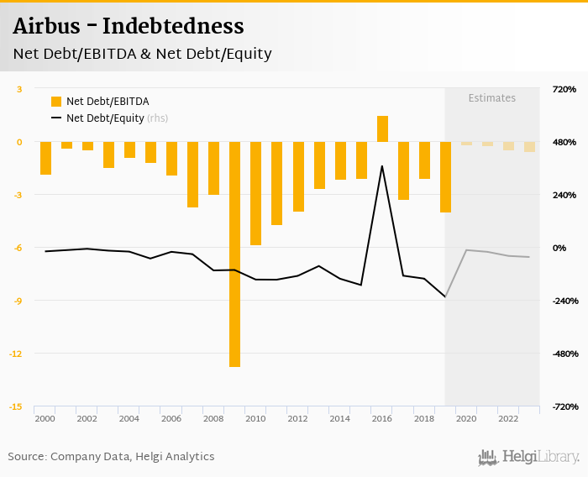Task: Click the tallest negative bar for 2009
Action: click(x=234, y=254)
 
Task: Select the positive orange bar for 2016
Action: click(x=382, y=128)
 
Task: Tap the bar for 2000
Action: click(x=45, y=158)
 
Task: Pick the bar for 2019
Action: click(x=445, y=176)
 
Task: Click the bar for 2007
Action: click(x=192, y=174)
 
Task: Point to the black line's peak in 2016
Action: click(x=382, y=166)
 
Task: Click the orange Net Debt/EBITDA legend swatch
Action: click(x=56, y=102)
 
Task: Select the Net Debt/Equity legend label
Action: click(x=105, y=118)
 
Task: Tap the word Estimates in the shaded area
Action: click(x=491, y=98)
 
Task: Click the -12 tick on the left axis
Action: click(x=17, y=354)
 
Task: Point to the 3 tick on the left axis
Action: click(x=19, y=89)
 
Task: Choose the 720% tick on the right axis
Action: click(x=564, y=89)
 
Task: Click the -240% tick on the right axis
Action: click(x=564, y=301)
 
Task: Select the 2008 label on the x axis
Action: click(x=213, y=418)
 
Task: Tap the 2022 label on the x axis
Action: click(x=508, y=418)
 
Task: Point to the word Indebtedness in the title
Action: click(x=176, y=27)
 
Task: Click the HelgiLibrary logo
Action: click(x=528, y=457)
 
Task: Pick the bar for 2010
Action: click(x=255, y=193)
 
